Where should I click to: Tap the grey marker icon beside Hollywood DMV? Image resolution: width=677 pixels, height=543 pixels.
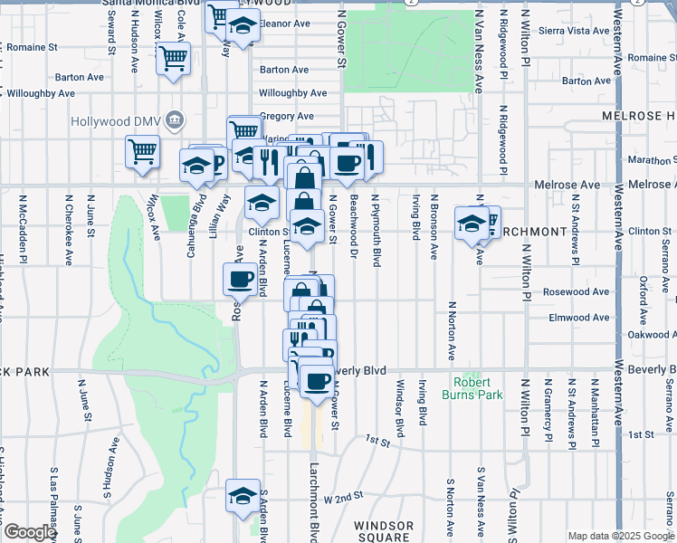[176, 119]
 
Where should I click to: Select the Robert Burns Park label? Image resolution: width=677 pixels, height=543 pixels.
[472, 388]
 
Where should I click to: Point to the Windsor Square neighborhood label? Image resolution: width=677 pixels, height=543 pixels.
[384, 531]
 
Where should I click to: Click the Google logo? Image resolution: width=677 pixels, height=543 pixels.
[29, 532]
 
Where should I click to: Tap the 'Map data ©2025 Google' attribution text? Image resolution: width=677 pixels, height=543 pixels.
[621, 536]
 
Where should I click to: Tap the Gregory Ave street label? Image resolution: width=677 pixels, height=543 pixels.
[286, 116]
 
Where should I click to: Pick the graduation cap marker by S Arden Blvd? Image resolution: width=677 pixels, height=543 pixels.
[242, 495]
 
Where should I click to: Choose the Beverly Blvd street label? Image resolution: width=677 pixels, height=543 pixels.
[362, 371]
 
